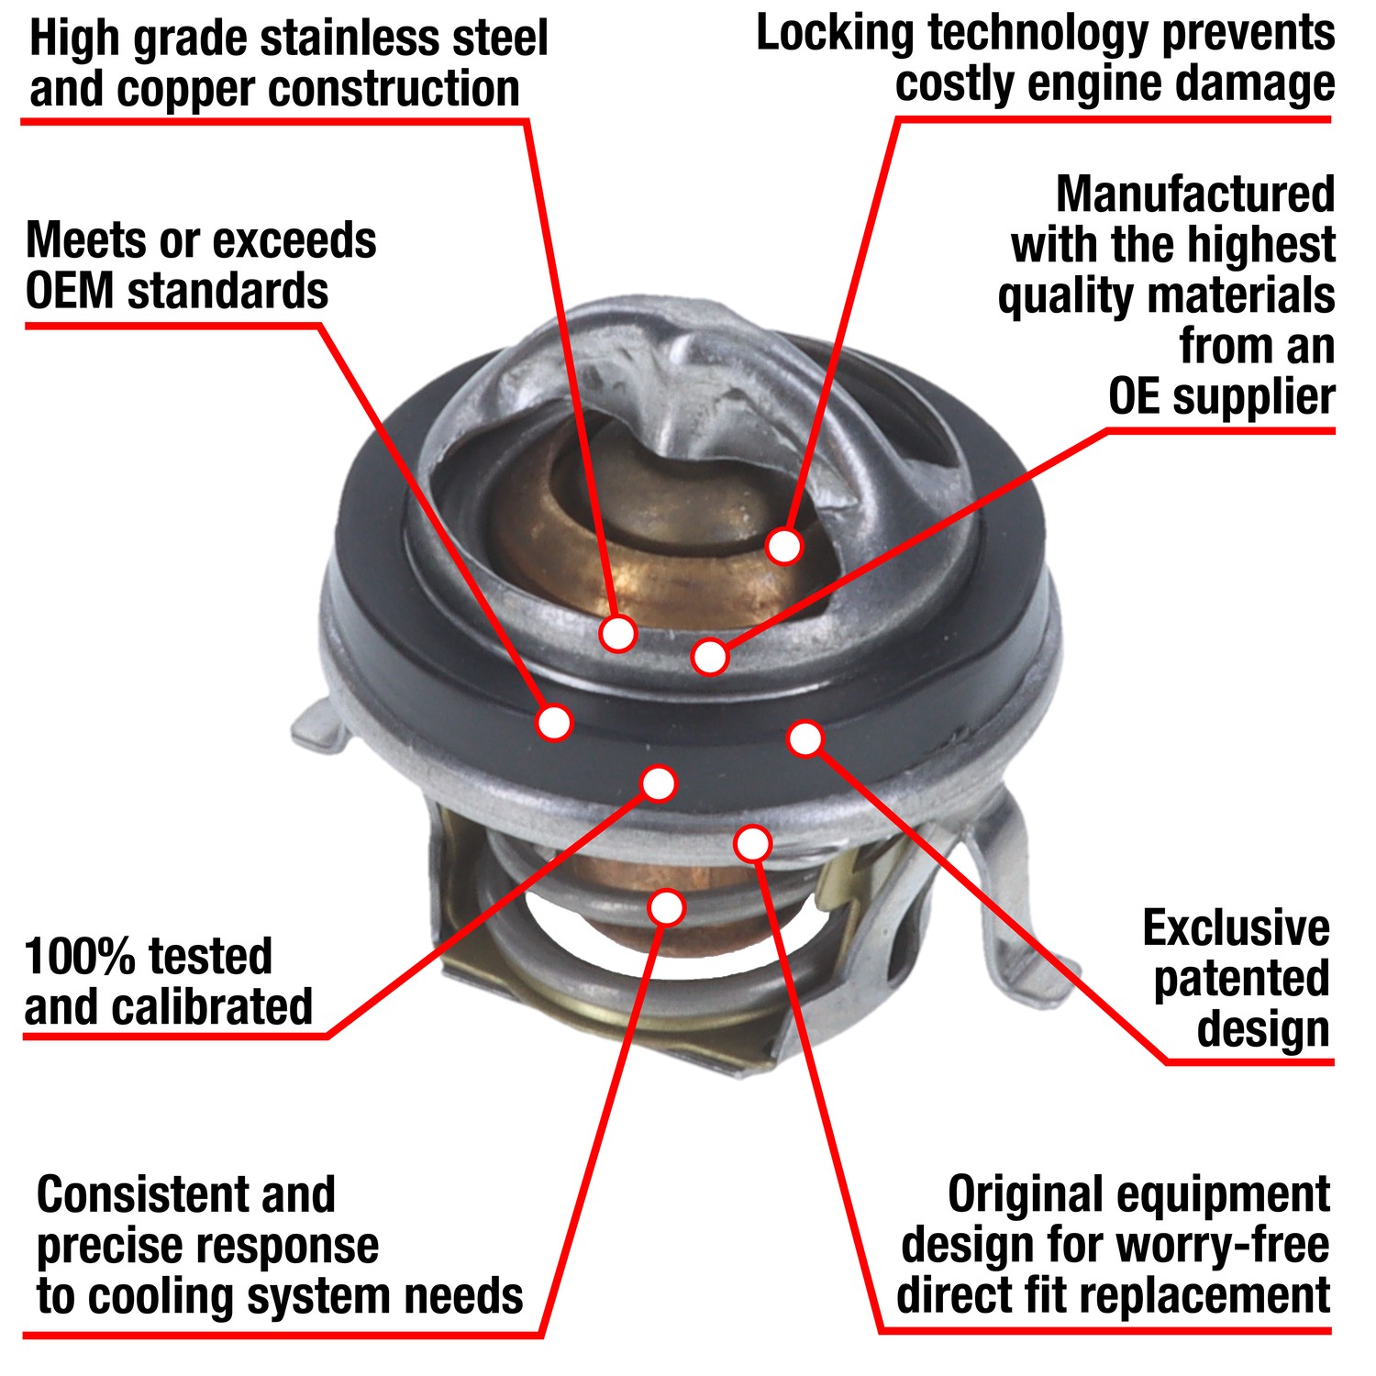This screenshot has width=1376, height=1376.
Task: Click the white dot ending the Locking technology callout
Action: tap(784, 546)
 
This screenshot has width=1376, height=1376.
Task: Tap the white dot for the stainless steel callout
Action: tap(618, 633)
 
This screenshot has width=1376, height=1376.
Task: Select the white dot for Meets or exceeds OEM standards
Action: tap(554, 722)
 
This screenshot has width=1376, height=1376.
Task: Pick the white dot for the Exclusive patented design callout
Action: tap(805, 738)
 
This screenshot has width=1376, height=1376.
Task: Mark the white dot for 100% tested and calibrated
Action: tap(659, 783)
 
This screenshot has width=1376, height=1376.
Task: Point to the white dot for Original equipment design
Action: tap(752, 843)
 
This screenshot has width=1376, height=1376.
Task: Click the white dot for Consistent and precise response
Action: tap(667, 907)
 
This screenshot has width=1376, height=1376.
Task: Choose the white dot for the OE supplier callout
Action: tap(710, 656)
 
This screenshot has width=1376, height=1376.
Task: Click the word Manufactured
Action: tap(1195, 194)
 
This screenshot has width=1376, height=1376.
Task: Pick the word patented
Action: tap(1241, 980)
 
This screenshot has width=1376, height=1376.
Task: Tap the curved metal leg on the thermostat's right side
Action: tap(1018, 908)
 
